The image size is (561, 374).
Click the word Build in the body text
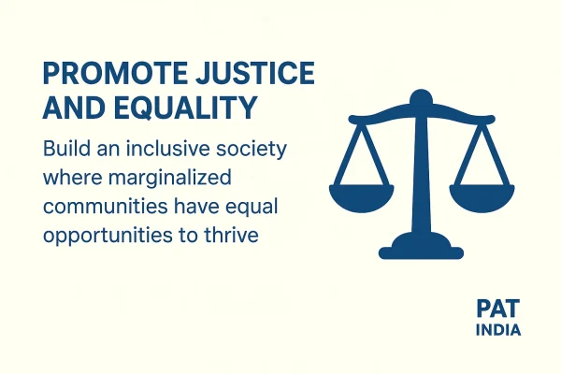63,150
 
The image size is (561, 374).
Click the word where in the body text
71,178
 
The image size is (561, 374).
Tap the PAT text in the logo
495,310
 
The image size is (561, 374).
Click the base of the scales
422,247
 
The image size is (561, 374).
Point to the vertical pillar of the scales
423,178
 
